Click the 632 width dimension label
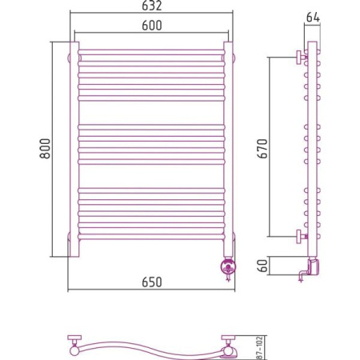click(151, 6)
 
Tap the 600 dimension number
click(152, 26)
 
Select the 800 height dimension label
click(45, 149)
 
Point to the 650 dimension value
click(152, 282)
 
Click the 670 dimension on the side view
click(262, 149)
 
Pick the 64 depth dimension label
click(313, 18)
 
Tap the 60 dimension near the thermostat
click(262, 266)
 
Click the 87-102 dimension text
click(259, 348)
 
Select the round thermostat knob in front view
click(228, 266)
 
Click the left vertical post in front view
click(74, 150)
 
